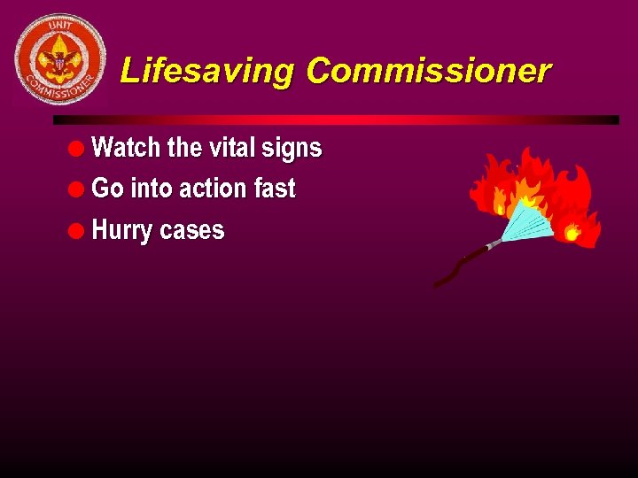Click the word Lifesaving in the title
point(209,71)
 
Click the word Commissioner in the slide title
point(429,71)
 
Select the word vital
point(230,148)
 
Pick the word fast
point(274,189)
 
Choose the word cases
point(192,231)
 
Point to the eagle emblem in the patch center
point(60,59)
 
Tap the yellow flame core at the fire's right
point(572,233)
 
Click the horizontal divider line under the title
point(336,119)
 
